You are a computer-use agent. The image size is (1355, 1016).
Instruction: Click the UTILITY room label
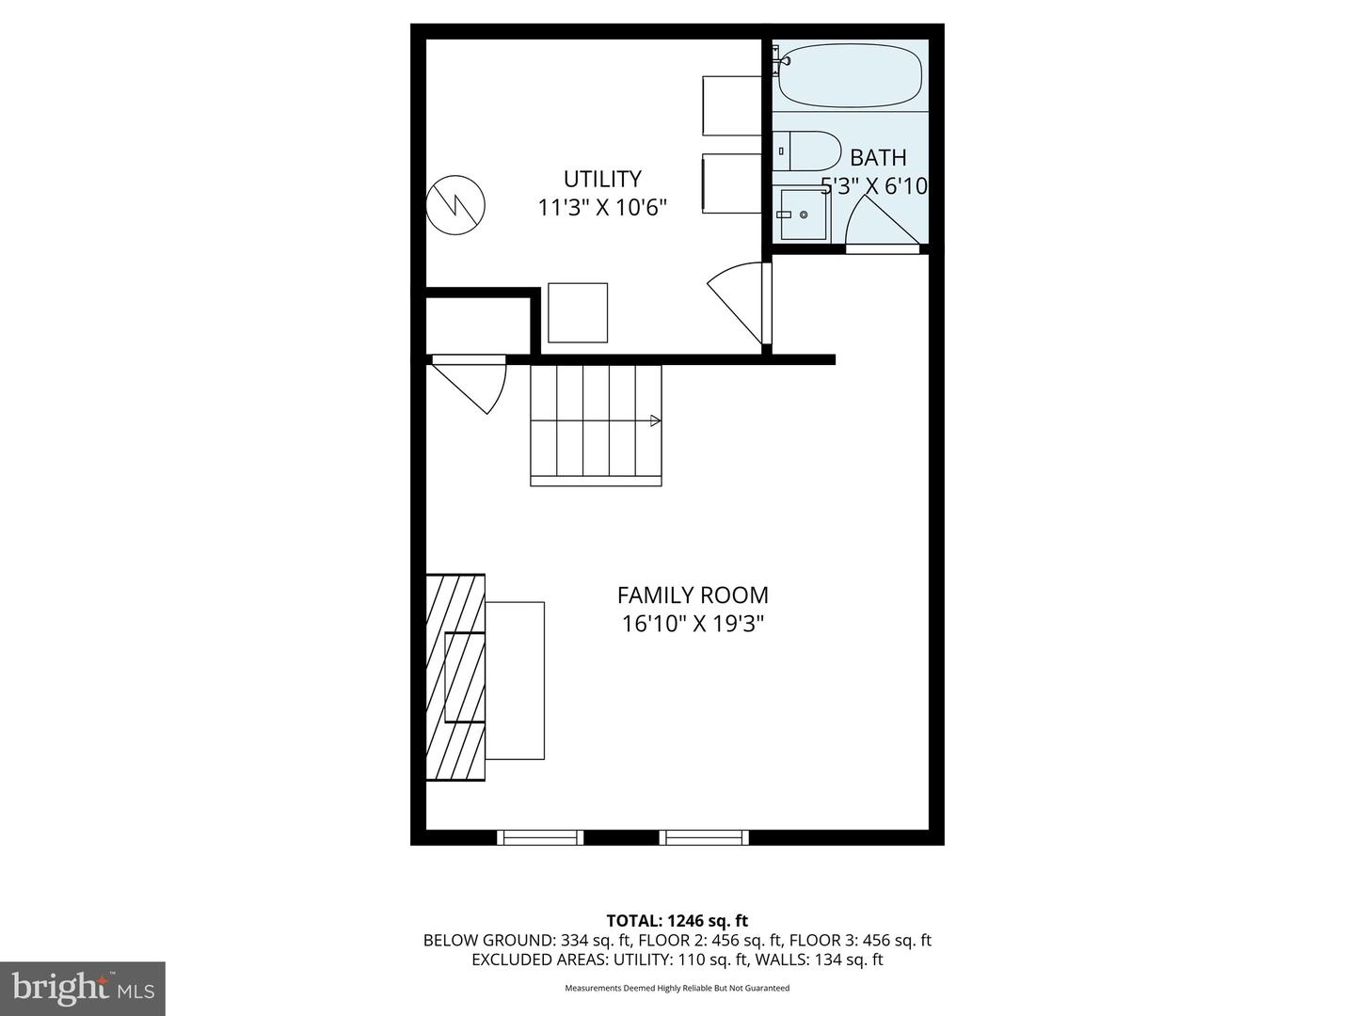(x=602, y=179)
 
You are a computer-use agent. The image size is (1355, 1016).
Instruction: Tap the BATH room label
(x=878, y=158)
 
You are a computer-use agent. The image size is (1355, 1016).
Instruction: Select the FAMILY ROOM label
(x=693, y=595)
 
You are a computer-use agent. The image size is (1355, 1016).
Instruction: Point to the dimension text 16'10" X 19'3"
(x=693, y=625)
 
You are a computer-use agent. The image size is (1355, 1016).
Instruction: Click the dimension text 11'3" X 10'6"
(x=602, y=208)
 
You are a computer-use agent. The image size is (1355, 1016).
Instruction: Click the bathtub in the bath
(x=850, y=76)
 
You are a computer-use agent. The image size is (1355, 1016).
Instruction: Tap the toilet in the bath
(x=806, y=151)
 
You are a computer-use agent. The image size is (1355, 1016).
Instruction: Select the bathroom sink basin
(x=802, y=214)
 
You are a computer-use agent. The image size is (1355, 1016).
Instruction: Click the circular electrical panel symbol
(x=455, y=205)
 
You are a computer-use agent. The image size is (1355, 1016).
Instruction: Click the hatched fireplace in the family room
(x=455, y=677)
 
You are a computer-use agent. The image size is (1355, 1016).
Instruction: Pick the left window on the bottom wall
(x=540, y=837)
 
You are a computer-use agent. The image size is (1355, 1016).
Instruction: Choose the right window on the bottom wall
(x=704, y=837)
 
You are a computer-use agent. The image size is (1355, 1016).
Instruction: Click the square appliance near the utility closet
(x=578, y=312)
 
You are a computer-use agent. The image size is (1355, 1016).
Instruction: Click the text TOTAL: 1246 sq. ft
(x=677, y=921)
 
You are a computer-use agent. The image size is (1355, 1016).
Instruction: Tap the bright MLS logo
(x=83, y=989)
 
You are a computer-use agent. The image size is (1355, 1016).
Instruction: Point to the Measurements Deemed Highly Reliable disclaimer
(x=677, y=988)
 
